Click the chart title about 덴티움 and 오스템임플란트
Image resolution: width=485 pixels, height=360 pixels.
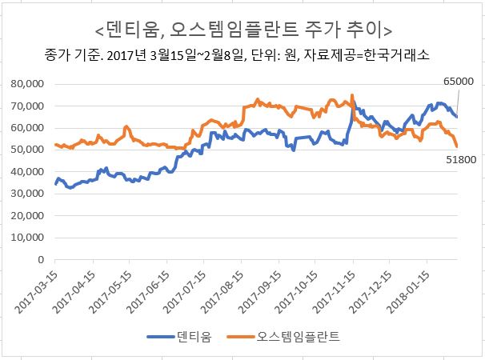242,30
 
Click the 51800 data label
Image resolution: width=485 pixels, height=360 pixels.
459,160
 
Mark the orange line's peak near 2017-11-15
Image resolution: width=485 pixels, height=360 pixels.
352,95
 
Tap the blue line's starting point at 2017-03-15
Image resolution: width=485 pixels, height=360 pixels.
55,184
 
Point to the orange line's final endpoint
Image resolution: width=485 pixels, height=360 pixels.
457,146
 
